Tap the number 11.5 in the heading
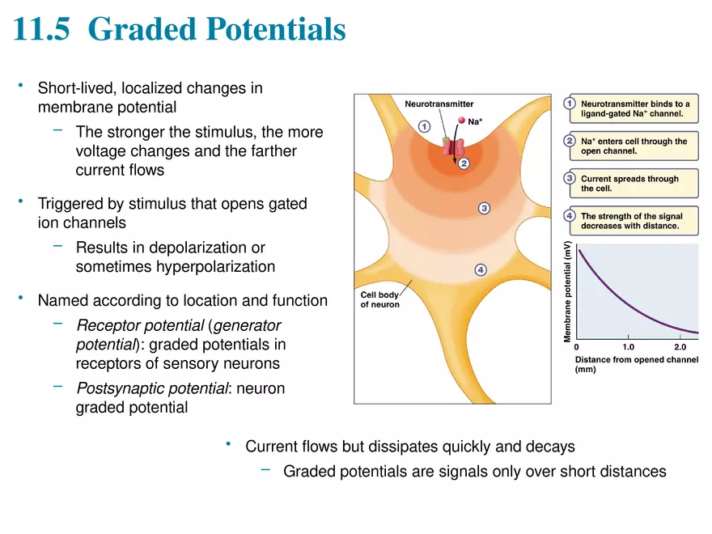coord(44,31)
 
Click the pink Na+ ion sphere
coord(462,121)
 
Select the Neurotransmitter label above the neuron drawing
coord(439,104)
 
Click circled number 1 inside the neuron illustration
coord(424,126)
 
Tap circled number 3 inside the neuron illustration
coord(484,209)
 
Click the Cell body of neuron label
coord(379,299)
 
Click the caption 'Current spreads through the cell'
coord(629,184)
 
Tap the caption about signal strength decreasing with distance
coord(631,222)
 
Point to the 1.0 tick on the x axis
coord(628,346)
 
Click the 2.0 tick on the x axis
coord(680,346)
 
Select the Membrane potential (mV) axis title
coord(568,290)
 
